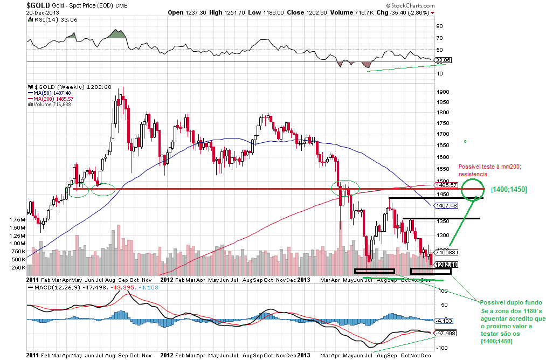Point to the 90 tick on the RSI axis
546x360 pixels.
click(439, 26)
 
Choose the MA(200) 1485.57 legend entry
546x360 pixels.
click(54, 99)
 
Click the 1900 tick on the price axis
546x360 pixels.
click(443, 92)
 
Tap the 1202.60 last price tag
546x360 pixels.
click(446, 265)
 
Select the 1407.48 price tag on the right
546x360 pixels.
click(447, 205)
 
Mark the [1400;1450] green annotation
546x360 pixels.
click(508, 189)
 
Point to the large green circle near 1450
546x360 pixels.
click(473, 188)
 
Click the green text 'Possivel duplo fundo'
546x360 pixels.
click(507, 302)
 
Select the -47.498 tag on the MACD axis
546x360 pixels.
click(446, 333)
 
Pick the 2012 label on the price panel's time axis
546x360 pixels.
click(167, 280)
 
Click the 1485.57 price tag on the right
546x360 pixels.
click(445, 185)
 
